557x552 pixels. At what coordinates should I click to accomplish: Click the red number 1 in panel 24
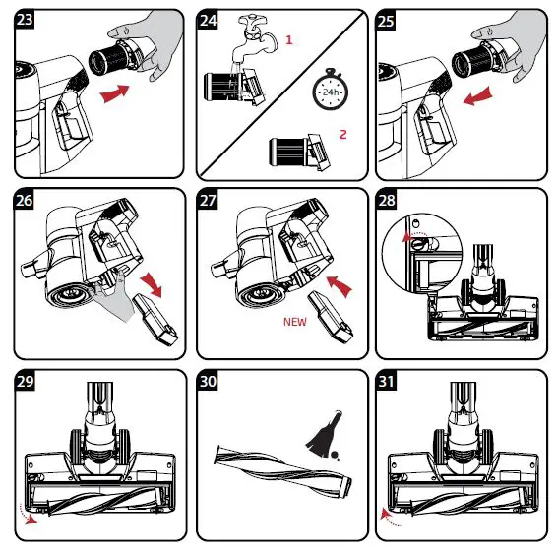point(289,40)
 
